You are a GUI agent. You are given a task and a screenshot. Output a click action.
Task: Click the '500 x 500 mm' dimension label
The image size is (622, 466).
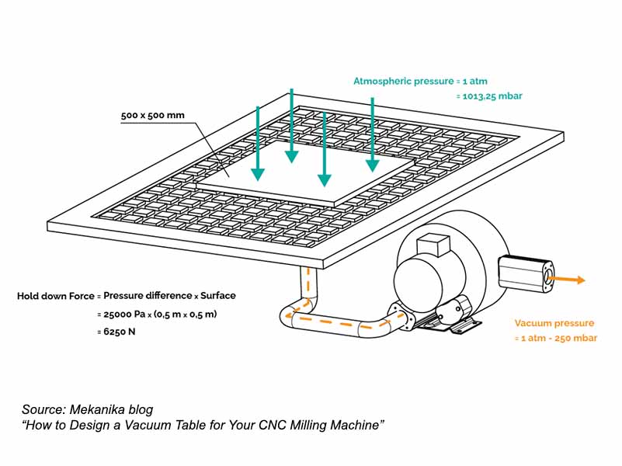152,116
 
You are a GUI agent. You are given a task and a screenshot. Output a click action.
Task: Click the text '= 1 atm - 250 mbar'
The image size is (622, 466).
555,338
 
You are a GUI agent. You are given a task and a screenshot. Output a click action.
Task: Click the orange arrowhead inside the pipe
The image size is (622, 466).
288,316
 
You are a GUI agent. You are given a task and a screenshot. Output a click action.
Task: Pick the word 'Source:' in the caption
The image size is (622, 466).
45,409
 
